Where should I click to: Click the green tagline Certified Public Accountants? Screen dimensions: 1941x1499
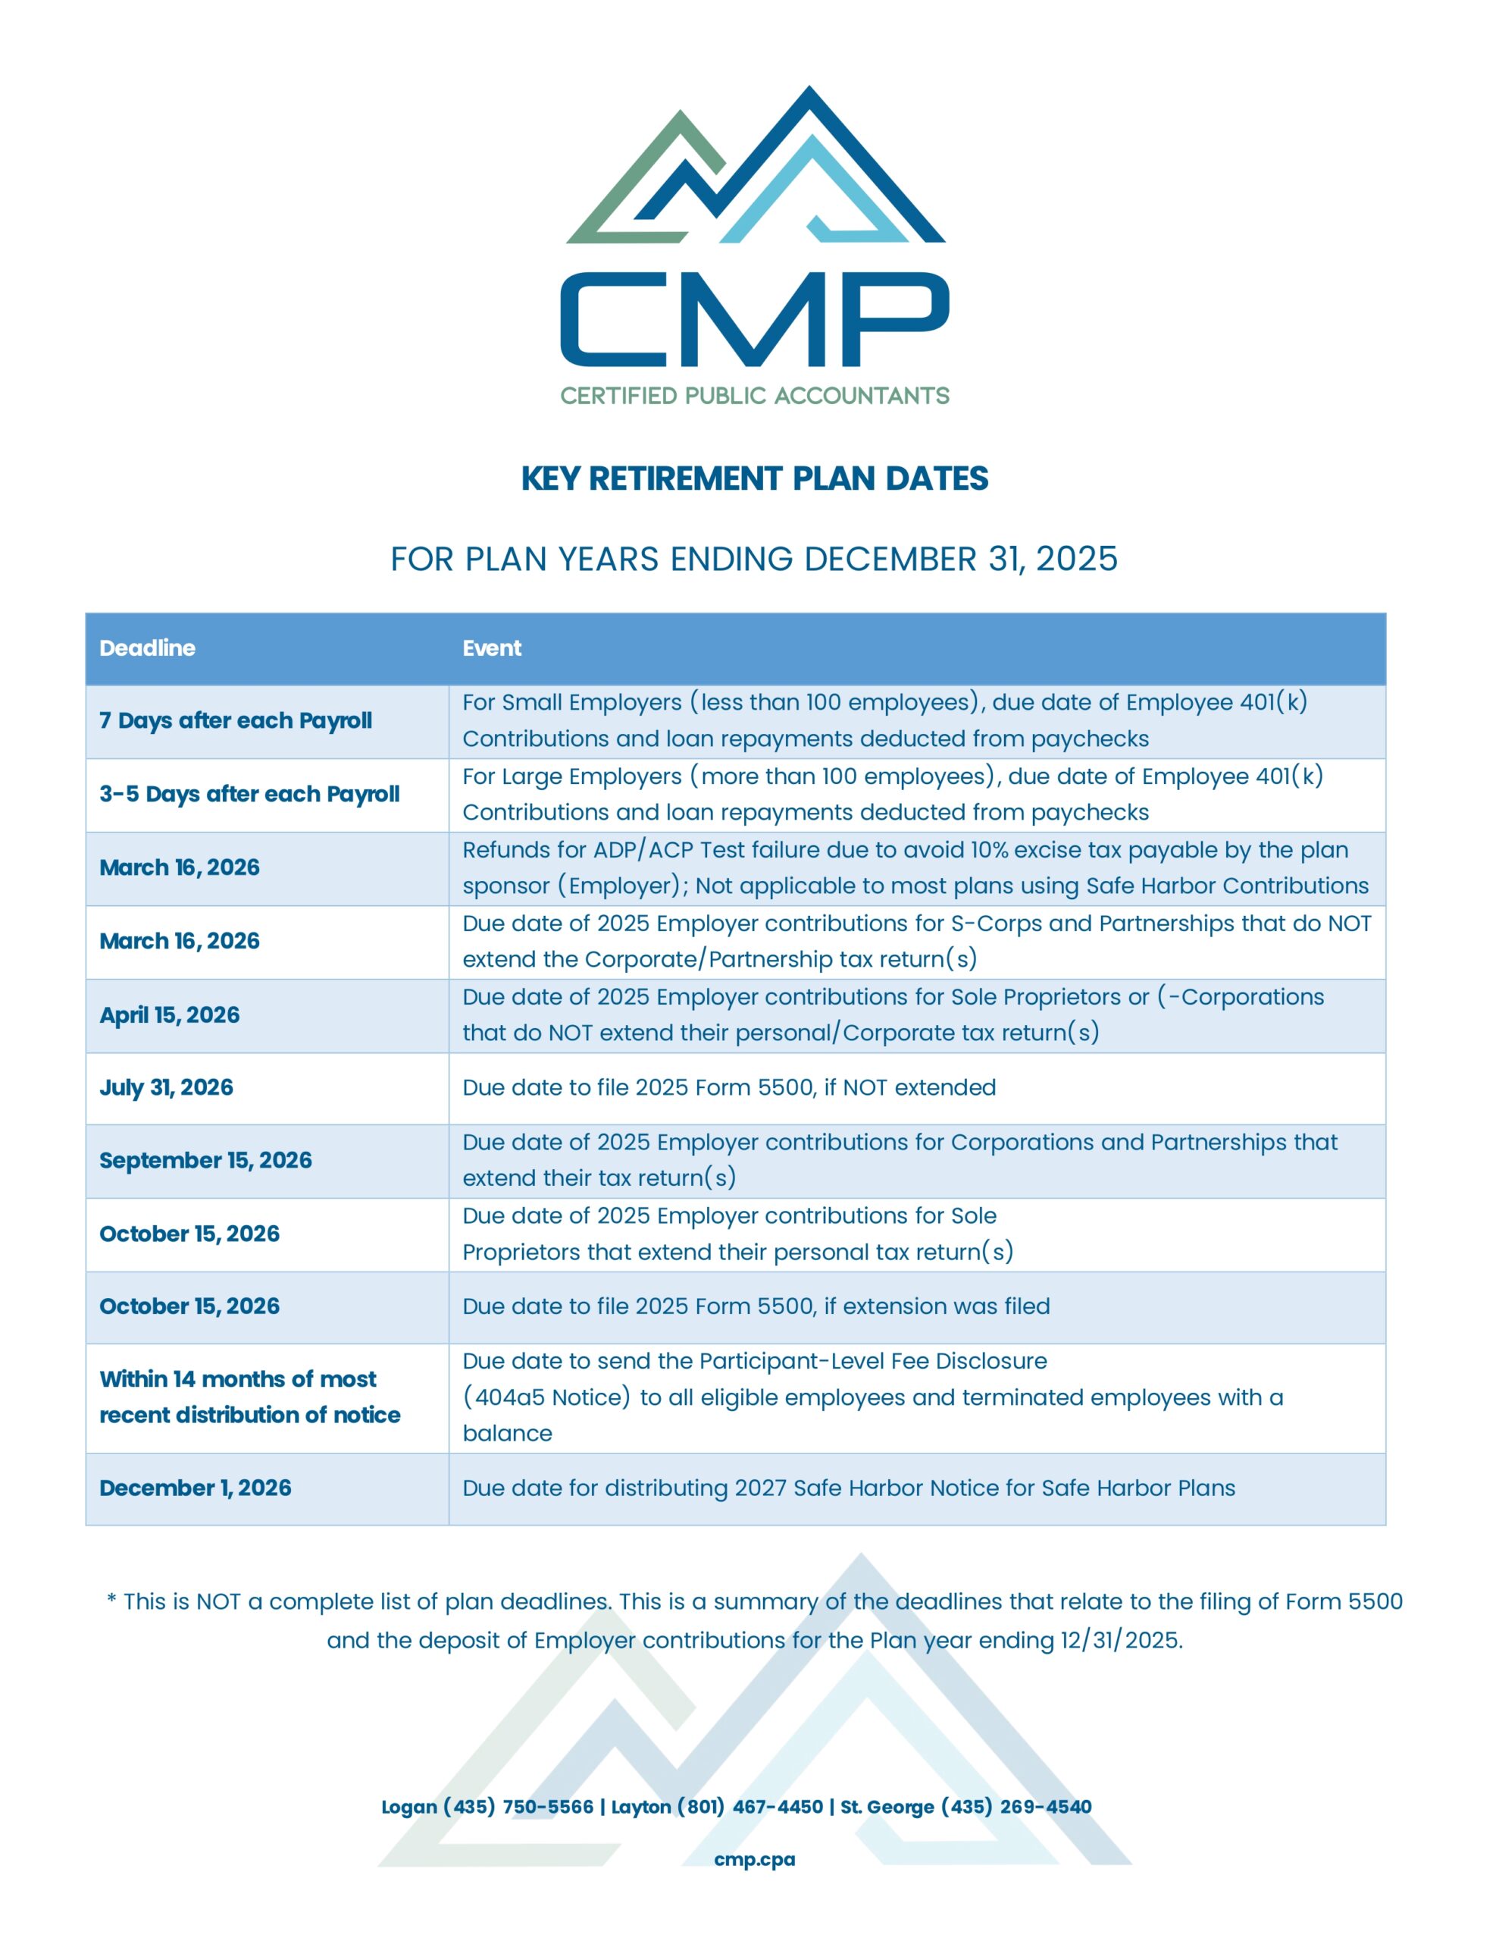[x=754, y=396]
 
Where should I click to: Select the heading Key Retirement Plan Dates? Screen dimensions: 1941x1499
[x=754, y=479]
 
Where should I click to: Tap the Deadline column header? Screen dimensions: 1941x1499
[x=148, y=648]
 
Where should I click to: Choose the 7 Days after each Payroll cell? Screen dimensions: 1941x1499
[x=236, y=721]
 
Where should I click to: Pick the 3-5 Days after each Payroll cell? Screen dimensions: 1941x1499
[x=249, y=794]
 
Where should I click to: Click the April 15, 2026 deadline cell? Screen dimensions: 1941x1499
[x=170, y=1015]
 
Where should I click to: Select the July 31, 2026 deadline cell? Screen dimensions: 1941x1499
[x=166, y=1088]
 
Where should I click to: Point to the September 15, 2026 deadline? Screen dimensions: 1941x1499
[x=205, y=1161]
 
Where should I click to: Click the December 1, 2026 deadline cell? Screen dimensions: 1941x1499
[x=196, y=1488]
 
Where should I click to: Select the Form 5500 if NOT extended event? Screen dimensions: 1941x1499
[x=728, y=1088]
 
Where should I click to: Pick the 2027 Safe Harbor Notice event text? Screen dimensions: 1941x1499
[x=849, y=1488]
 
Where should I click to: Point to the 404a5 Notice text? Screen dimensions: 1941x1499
[x=546, y=1397]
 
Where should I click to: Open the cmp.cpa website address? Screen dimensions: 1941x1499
[x=754, y=1859]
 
